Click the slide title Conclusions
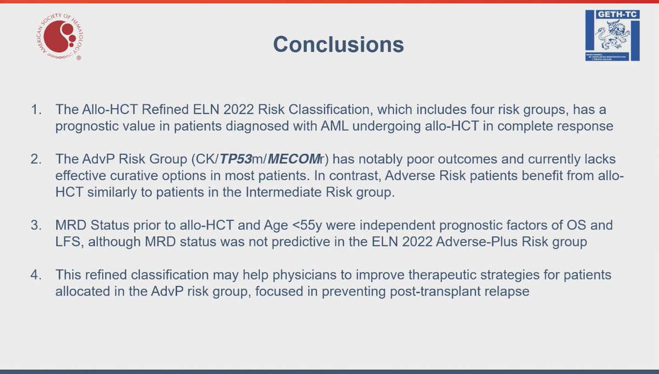point(338,44)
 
